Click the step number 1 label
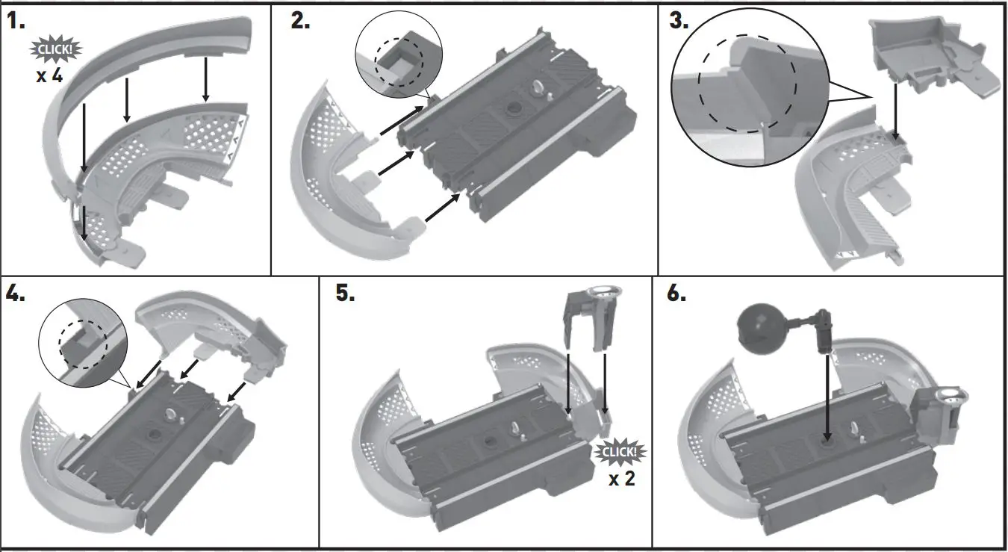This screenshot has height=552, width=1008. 16,20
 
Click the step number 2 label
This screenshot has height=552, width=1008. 300,20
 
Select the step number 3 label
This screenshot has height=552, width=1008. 678,20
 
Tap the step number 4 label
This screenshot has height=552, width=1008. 16,293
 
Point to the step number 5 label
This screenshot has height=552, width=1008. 345,293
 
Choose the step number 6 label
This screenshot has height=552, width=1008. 676,293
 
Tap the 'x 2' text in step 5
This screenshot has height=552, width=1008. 621,479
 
